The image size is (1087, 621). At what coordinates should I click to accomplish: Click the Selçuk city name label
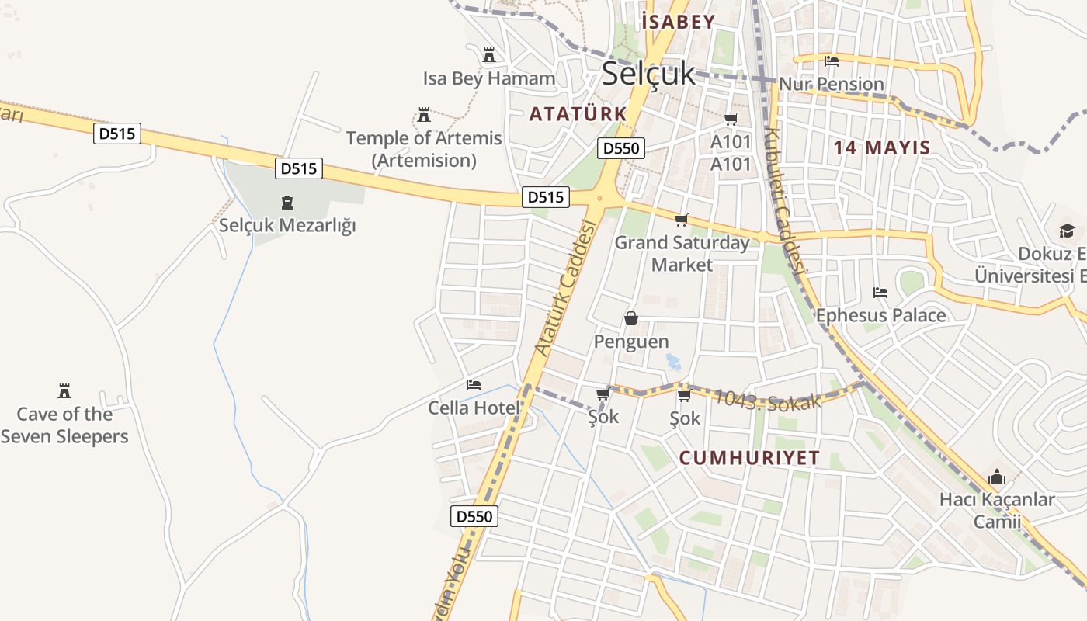648,74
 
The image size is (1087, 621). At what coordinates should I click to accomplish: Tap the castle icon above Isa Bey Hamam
489,55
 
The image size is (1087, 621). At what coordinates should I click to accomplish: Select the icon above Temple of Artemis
424,115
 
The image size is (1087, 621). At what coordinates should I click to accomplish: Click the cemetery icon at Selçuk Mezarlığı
287,203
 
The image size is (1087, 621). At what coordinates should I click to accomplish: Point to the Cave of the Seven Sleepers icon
64,390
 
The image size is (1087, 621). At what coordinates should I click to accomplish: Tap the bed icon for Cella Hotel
474,384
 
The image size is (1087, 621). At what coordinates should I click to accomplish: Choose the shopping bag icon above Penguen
630,318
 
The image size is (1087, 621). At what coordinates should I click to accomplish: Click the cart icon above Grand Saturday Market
682,220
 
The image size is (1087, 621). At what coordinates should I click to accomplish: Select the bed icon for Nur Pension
832,61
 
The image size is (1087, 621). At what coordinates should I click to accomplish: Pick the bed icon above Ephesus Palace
880,292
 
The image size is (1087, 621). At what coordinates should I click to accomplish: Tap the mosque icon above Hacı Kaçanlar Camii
997,477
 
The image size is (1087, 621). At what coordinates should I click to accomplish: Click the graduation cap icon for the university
1067,231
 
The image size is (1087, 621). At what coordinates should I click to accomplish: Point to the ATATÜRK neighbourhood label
578,114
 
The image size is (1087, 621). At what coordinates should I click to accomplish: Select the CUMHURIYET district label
749,458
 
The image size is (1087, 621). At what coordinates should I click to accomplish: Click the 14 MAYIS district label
882,147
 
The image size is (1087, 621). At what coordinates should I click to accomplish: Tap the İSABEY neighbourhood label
678,22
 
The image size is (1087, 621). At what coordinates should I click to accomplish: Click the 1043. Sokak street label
766,400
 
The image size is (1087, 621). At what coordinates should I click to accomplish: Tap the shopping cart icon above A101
731,119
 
